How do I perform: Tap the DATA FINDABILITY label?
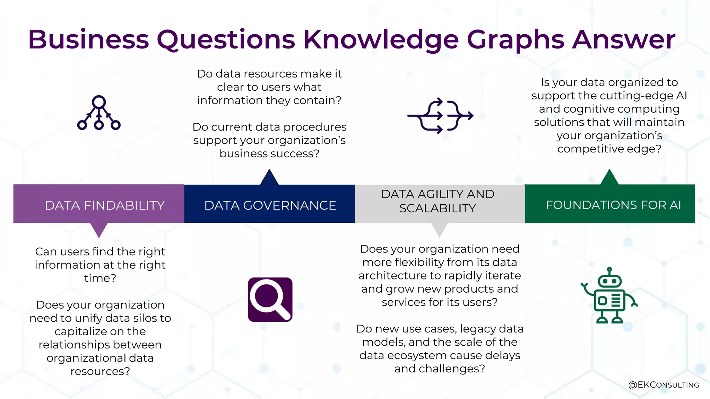click(x=104, y=205)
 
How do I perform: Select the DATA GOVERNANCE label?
click(x=270, y=205)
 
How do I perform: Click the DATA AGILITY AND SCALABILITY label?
click(x=438, y=201)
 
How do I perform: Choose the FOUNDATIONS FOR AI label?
click(x=613, y=205)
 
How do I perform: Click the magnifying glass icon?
click(x=270, y=300)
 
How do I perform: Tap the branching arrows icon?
click(x=440, y=116)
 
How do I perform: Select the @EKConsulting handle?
click(x=663, y=385)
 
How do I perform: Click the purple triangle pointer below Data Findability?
click(x=99, y=229)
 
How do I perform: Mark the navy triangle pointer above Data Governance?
click(x=269, y=178)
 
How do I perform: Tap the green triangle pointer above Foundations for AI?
click(x=609, y=178)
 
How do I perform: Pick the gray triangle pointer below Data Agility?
click(x=439, y=229)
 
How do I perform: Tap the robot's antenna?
click(x=609, y=270)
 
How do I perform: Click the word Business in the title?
click(x=88, y=39)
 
